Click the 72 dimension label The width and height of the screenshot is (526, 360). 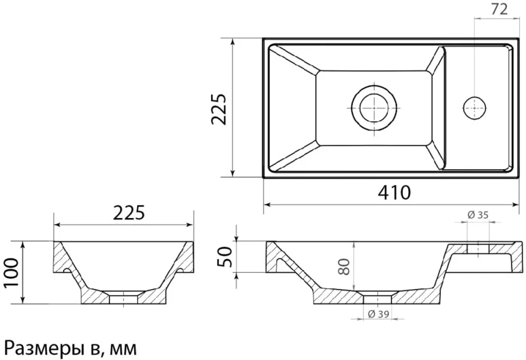point(499,10)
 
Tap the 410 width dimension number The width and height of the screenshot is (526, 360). point(394,192)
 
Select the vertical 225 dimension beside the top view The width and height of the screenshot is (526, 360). point(219,108)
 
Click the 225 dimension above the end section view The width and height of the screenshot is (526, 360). point(129,213)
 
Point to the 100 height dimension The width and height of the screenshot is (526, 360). point(11,273)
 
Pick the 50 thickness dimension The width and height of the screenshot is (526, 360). point(224,256)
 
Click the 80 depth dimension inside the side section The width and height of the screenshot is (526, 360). point(344,266)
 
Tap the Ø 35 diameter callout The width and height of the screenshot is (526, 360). point(478,215)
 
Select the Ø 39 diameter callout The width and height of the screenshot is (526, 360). point(379,314)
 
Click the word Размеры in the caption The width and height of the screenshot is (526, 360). point(42,349)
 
